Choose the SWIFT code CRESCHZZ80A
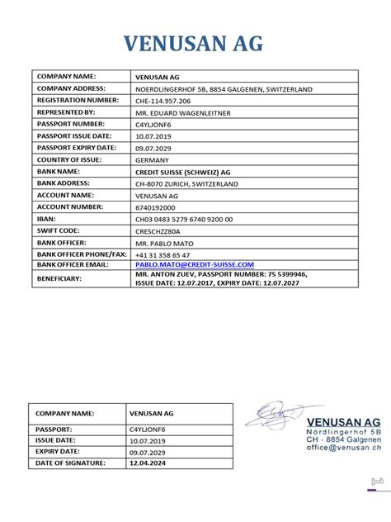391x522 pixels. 162,231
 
